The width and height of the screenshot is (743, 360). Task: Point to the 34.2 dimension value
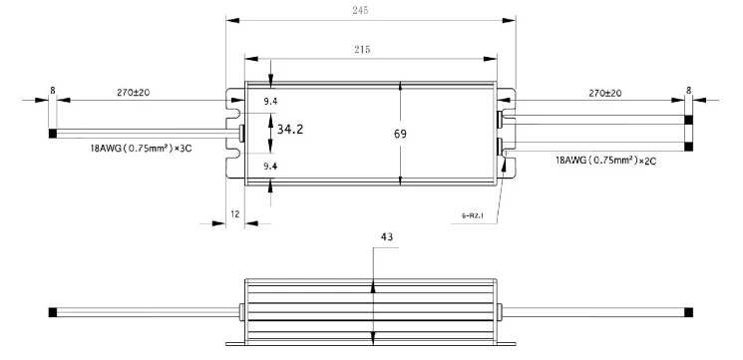(x=290, y=130)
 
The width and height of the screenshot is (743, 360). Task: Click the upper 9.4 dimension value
(x=269, y=101)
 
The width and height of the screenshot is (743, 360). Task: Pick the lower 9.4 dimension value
(x=269, y=168)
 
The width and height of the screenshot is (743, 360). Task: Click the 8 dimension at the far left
(x=52, y=90)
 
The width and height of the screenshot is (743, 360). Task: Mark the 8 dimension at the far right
(x=688, y=90)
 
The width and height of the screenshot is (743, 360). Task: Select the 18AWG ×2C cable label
(x=607, y=158)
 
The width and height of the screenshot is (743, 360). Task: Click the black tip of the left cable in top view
(x=52, y=133)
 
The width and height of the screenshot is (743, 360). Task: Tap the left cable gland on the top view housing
(x=240, y=133)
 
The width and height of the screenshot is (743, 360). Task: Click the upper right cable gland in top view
(x=501, y=121)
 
